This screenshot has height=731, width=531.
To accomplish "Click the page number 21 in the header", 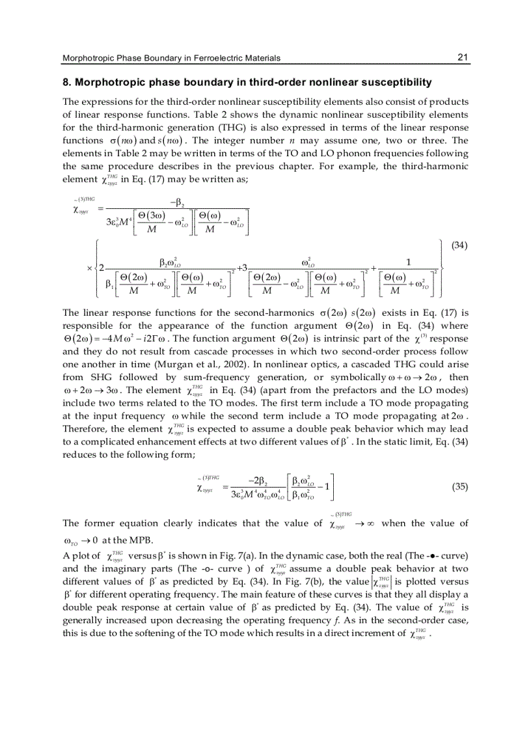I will [463, 58].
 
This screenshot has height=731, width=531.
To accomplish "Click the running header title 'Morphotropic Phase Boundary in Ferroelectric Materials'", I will [171, 59].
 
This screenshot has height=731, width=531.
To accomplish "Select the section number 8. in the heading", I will [66, 83].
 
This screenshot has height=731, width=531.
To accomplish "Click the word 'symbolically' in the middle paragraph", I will [356, 378].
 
